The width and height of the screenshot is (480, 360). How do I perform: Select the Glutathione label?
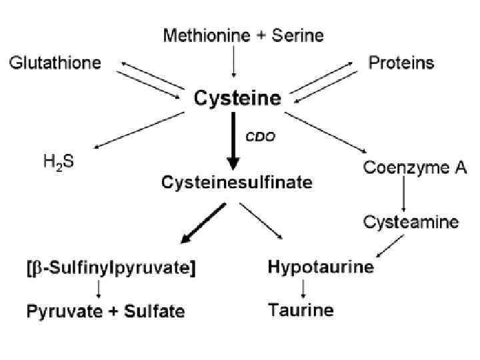click(x=55, y=63)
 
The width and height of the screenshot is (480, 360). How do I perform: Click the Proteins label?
click(x=401, y=63)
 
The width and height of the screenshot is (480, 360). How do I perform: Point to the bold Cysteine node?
click(x=237, y=99)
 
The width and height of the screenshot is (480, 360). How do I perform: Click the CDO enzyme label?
click(x=260, y=136)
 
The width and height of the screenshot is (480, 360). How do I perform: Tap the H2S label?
click(x=59, y=162)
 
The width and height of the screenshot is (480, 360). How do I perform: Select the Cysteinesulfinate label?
click(x=237, y=181)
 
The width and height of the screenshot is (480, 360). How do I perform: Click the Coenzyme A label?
click(x=415, y=167)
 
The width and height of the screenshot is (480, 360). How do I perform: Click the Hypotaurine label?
click(x=321, y=268)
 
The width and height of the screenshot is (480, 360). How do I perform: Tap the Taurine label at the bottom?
click(x=301, y=310)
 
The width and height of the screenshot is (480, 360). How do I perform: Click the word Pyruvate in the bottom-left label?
click(x=59, y=311)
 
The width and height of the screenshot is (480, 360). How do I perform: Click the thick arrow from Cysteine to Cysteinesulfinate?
click(x=233, y=140)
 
